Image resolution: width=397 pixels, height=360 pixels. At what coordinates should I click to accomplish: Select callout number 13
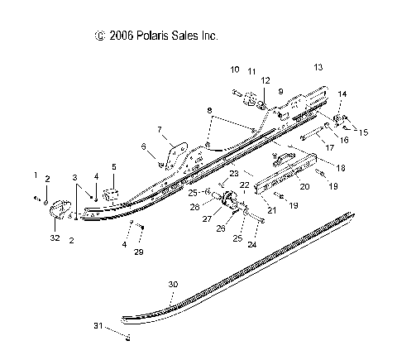[x=318, y=66]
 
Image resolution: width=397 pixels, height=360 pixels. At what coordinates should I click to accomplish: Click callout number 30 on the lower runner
[x=173, y=285]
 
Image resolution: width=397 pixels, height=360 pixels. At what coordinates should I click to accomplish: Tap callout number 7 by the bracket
[x=161, y=129]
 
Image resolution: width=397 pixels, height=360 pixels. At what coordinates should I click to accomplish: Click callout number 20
[x=304, y=187]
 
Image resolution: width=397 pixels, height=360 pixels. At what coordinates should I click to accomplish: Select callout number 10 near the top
[x=235, y=70]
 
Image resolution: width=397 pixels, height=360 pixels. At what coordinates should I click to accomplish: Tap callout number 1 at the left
[x=36, y=175]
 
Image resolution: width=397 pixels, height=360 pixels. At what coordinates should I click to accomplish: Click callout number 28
[x=194, y=206]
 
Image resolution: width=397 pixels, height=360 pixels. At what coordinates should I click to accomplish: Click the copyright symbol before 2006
[x=100, y=36]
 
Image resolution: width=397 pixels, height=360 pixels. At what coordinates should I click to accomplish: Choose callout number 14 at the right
[x=342, y=94]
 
